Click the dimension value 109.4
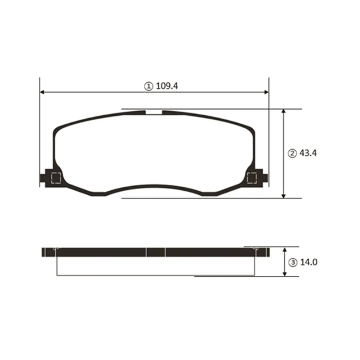coord(166,86)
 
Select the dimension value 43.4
coord(308,153)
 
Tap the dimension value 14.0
coord(309,262)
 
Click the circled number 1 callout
coord(148,86)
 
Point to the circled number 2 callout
coord(292,153)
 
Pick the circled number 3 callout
coord(293,262)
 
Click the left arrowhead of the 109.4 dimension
coord(42,92)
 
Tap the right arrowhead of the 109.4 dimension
coord(266,92)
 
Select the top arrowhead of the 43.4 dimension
coord(283,111)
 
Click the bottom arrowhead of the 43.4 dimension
coord(283,196)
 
